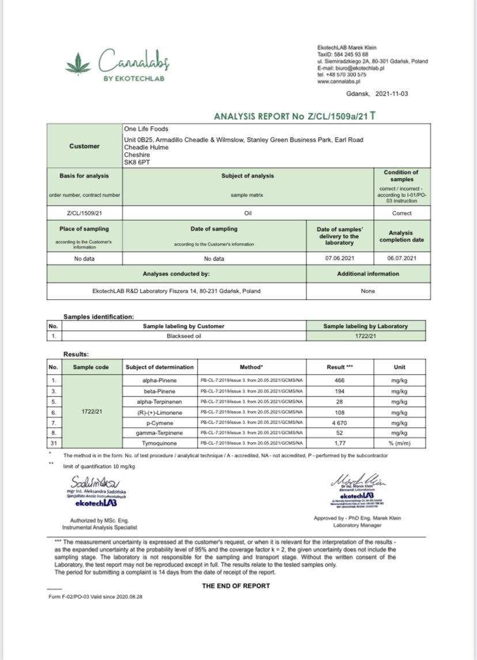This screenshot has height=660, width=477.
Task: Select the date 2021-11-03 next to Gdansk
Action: pyautogui.click(x=391, y=93)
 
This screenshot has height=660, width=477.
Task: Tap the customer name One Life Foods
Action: pyautogui.click(x=146, y=129)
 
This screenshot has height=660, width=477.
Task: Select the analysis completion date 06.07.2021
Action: pyautogui.click(x=401, y=259)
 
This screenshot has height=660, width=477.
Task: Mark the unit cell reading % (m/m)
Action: pyautogui.click(x=399, y=443)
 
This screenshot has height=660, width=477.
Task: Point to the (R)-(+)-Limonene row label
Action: pyautogui.click(x=159, y=412)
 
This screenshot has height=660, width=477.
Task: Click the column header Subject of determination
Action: pyautogui.click(x=159, y=367)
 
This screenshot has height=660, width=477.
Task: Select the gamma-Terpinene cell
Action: pyautogui.click(x=159, y=433)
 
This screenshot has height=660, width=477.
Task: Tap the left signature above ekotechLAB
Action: pyautogui.click(x=94, y=482)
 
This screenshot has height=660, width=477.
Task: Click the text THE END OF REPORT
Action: pyautogui.click(x=236, y=586)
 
